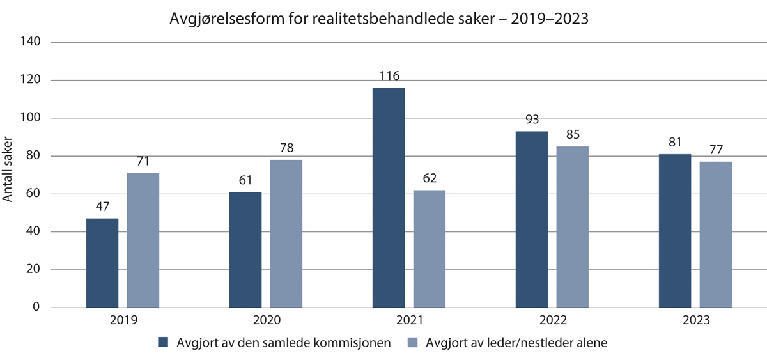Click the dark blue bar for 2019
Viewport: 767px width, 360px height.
pos(102,263)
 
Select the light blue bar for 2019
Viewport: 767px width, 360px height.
pos(143,240)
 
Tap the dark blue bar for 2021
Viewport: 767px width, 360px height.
pos(389,198)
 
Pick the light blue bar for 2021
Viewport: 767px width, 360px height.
pos(430,249)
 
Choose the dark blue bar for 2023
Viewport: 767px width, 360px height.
pos(675,231)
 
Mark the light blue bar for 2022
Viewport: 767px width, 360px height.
pos(573,227)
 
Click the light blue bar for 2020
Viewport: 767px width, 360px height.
pos(286,233)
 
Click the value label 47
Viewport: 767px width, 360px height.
pos(102,208)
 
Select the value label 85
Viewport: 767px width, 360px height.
pos(573,136)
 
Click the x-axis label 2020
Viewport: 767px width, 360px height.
pos(266,320)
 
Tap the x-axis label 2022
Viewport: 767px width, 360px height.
pos(552,320)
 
